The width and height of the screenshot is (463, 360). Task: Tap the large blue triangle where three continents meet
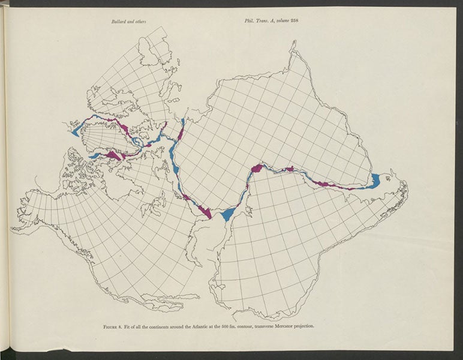228,214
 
